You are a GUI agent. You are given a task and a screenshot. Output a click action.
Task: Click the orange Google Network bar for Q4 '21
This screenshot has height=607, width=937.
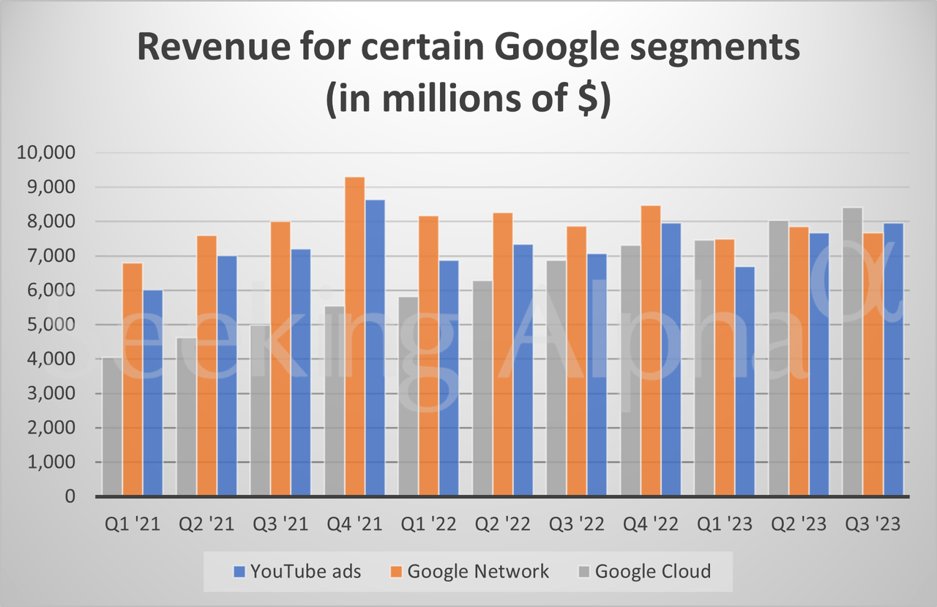354,336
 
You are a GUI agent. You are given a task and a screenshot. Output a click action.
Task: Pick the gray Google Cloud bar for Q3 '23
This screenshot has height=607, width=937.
852,352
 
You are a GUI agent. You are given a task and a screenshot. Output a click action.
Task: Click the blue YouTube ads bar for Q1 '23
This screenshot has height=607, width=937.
745,381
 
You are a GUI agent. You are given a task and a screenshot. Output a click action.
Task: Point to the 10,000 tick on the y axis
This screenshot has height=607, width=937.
45,154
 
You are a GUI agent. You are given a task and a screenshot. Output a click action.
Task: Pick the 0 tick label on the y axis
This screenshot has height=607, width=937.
70,497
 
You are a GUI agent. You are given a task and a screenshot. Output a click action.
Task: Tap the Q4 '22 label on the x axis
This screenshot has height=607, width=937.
652,525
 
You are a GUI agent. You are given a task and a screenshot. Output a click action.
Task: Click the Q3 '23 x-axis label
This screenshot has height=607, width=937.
873,525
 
